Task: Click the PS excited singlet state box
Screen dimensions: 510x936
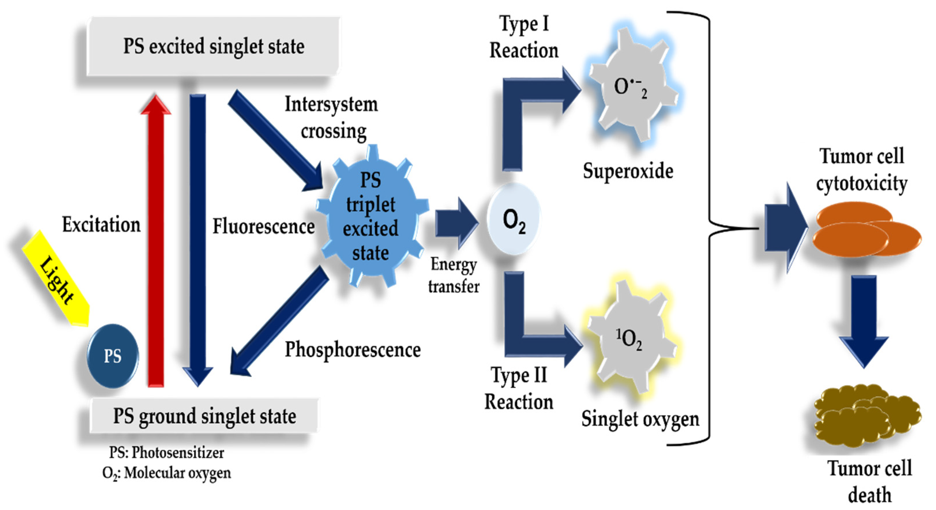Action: (214, 46)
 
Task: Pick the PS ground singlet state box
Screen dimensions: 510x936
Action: (204, 416)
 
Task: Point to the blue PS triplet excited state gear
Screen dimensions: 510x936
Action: (371, 217)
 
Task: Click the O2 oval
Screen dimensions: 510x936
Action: (514, 219)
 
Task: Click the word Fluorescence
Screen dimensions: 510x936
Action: (264, 226)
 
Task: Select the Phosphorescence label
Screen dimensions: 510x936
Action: (352, 350)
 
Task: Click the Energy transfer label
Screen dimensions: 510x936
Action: (454, 275)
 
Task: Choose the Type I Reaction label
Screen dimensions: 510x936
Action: (524, 37)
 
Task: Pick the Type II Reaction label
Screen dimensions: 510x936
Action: (519, 388)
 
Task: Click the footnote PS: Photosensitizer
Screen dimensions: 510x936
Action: (166, 453)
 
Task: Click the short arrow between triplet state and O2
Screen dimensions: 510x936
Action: (456, 222)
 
